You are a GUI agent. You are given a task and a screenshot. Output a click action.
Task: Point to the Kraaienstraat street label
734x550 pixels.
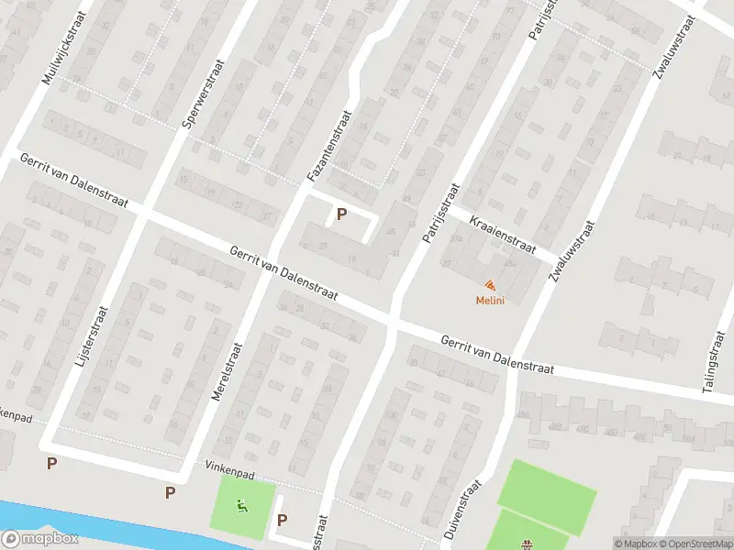coord(502,234)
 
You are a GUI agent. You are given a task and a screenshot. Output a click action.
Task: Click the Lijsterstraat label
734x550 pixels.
coord(89,337)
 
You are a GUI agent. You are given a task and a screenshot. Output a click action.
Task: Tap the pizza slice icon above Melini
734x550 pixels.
coord(491,285)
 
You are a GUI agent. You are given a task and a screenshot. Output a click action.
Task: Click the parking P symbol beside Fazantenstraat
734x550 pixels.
coord(342,214)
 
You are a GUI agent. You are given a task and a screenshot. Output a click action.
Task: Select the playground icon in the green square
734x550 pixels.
coord(241,503)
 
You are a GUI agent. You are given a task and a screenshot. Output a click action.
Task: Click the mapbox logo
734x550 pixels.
coord(39,539)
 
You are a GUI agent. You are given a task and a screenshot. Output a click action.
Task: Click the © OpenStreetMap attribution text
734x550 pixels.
coord(696,544)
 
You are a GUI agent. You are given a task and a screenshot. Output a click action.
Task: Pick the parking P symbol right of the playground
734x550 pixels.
coord(283,520)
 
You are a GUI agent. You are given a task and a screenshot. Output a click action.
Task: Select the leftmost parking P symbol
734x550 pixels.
coord(52,463)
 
